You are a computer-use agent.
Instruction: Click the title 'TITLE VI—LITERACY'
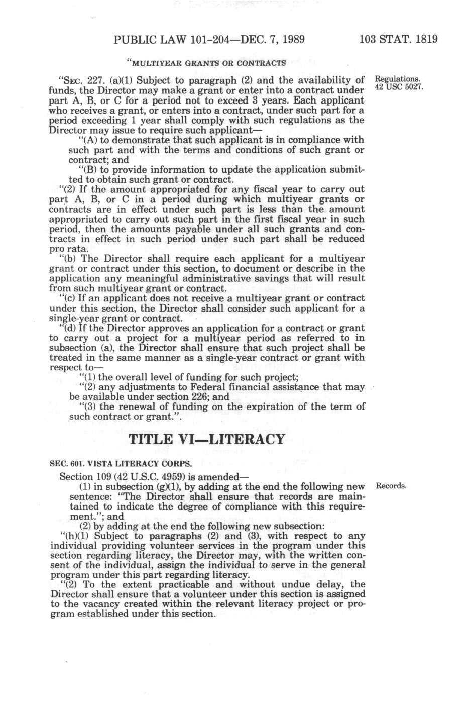207,440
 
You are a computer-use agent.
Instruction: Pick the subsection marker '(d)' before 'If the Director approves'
69,328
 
